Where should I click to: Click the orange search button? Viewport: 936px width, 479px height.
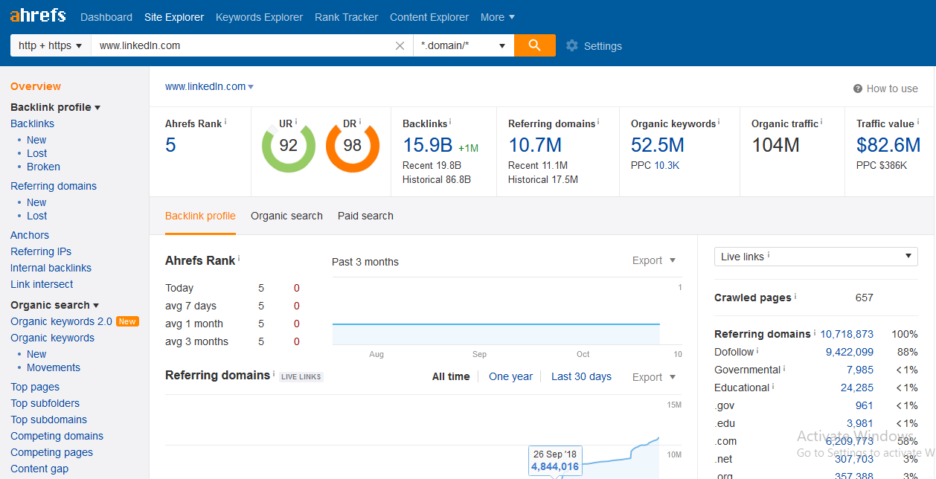[x=534, y=45]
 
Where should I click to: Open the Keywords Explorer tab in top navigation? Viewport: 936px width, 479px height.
[x=259, y=17]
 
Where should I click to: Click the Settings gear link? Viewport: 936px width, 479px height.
[x=594, y=46]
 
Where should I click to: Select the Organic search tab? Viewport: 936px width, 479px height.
[x=286, y=216]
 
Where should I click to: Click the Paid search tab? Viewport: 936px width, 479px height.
[x=365, y=216]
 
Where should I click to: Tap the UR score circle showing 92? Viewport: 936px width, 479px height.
[x=288, y=146]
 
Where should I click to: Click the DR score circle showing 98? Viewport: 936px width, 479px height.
[x=352, y=146]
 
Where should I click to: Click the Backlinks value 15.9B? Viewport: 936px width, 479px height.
[x=428, y=145]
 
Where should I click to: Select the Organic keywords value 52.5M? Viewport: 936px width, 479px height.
[x=657, y=145]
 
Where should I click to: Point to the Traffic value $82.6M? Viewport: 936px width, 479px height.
[x=888, y=145]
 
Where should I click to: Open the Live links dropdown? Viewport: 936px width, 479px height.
[x=815, y=257]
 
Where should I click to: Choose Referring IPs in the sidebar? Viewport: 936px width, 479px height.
[x=41, y=251]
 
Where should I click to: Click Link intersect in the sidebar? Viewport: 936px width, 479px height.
[x=42, y=284]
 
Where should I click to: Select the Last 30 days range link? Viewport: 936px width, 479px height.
[x=581, y=376]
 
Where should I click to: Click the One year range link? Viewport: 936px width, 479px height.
[x=510, y=376]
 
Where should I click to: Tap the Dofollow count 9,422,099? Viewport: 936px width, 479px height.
[x=849, y=352]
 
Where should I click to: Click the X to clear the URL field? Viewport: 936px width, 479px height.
[x=400, y=46]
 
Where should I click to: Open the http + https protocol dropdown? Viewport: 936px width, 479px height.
[x=50, y=45]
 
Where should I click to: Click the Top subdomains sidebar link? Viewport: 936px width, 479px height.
[x=48, y=419]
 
